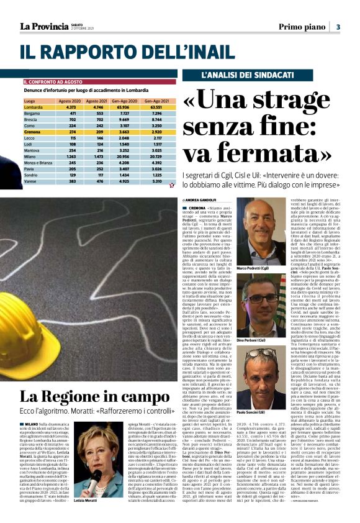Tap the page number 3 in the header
[x=338, y=27]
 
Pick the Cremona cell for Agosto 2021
[x=96, y=132]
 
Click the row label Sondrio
[x=32, y=176]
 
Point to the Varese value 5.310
[x=156, y=182]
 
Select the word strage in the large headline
[x=305, y=99]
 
